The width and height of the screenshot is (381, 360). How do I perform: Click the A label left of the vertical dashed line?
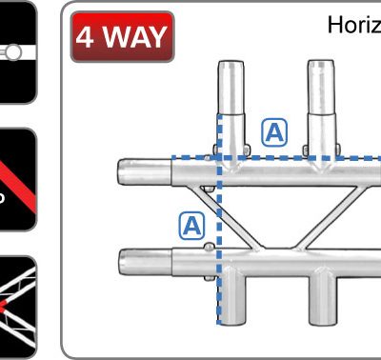click(191, 226)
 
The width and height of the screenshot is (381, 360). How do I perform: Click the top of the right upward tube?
click(318, 70)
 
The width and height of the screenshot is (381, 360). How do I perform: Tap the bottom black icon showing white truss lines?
click(18, 305)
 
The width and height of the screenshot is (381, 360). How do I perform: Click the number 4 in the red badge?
click(86, 39)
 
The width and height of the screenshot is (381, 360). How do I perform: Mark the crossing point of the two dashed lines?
click(220, 158)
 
